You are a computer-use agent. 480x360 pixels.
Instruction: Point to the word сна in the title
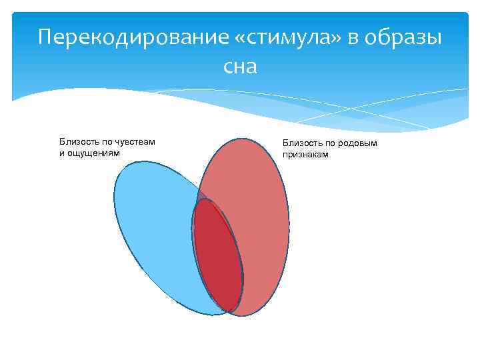pos(240,66)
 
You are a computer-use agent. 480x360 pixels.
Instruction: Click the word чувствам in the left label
pos(135,141)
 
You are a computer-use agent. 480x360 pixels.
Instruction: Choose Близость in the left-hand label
pos(78,141)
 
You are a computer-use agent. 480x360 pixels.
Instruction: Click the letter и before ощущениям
pos(61,153)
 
